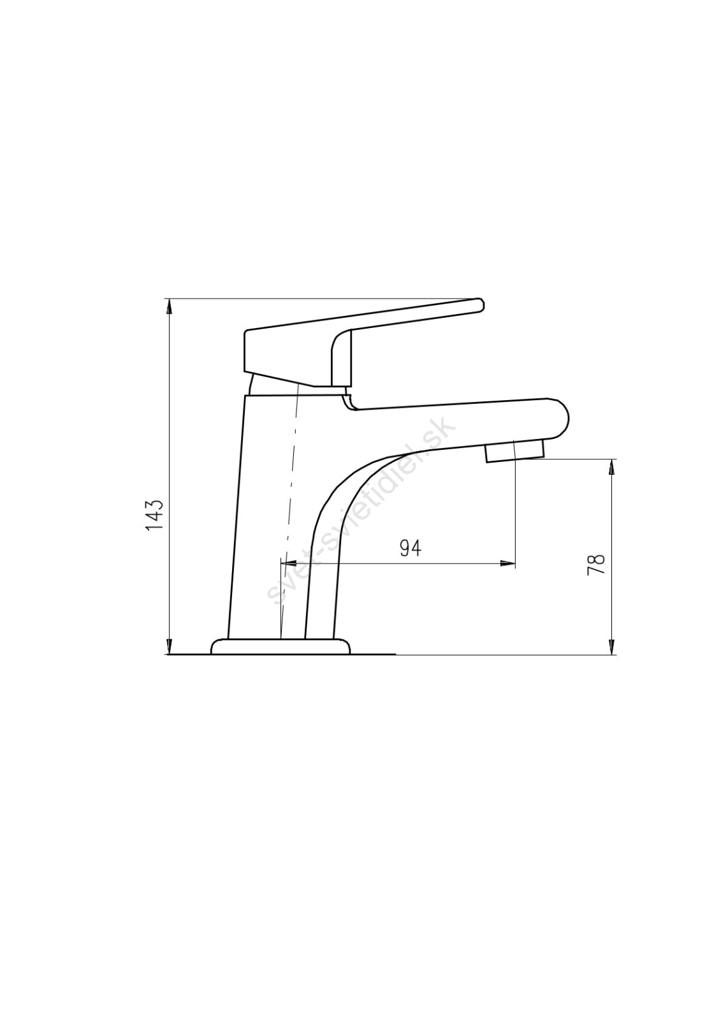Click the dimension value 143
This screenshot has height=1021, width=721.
pyautogui.click(x=154, y=515)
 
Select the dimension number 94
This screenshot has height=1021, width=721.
pyautogui.click(x=411, y=548)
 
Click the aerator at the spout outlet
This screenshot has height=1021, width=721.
pyautogui.click(x=514, y=451)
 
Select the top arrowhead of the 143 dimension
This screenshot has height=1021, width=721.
pyautogui.click(x=170, y=306)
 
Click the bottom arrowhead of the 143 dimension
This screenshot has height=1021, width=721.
pyautogui.click(x=170, y=648)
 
